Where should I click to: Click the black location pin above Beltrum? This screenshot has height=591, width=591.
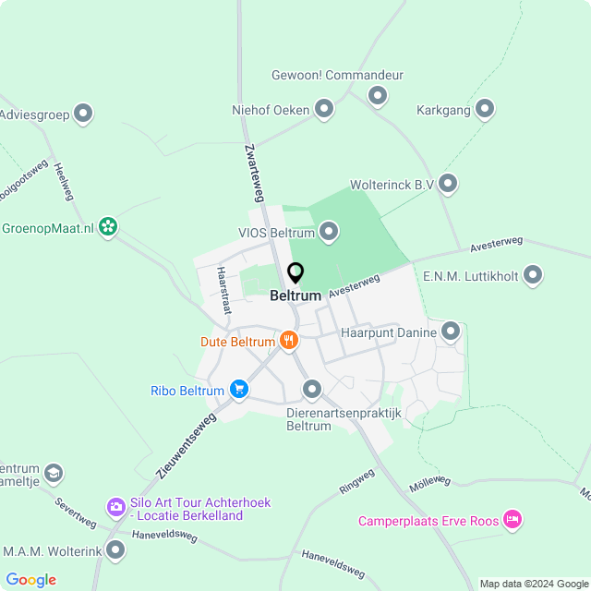point(295,274)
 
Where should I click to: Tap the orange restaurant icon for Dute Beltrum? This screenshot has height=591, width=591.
point(289,341)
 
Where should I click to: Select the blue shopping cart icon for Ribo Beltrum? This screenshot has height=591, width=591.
point(239,390)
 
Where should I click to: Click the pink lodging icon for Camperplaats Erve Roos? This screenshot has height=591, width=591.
point(513,520)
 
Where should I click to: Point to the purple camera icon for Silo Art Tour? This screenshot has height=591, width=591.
point(115,506)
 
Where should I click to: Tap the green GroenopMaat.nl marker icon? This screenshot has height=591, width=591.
point(109,226)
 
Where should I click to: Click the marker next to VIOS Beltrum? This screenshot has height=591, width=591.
point(329,232)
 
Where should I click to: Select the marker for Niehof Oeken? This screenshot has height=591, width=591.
point(324,110)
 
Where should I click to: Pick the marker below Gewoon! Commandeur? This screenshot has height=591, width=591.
point(377,95)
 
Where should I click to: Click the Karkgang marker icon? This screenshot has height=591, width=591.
point(485,110)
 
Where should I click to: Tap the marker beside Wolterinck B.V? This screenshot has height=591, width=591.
point(448,185)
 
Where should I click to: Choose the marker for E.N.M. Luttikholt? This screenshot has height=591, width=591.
point(532,274)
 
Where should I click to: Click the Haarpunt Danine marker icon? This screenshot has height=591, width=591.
point(451,331)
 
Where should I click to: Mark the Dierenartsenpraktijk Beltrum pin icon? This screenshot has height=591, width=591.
point(312,390)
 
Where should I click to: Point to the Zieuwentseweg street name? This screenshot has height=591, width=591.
point(187,445)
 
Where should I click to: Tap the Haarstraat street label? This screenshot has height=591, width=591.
point(222,290)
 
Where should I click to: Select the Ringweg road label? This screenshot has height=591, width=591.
point(356,481)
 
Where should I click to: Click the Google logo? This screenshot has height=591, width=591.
point(30,579)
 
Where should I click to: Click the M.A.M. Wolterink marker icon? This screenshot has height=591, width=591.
point(115,550)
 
